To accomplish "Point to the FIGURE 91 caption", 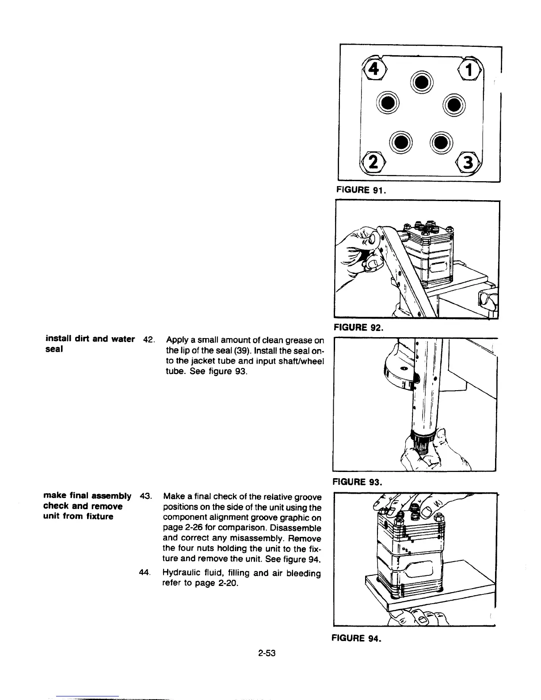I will pyautogui.click(x=362, y=190).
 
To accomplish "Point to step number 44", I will pyautogui.click(x=145, y=573).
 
